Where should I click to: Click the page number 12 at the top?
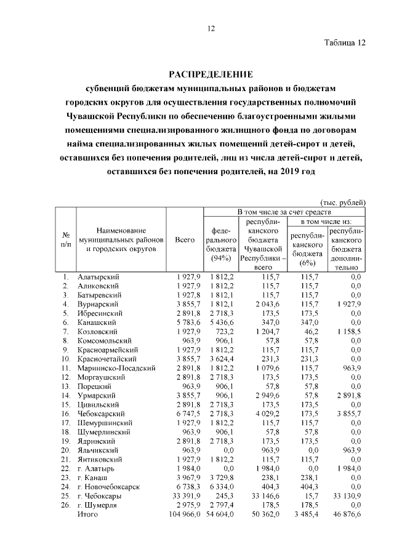point(211,28)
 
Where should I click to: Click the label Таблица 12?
point(345,43)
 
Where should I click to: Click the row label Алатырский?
point(98,277)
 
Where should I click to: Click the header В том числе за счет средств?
point(284,212)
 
